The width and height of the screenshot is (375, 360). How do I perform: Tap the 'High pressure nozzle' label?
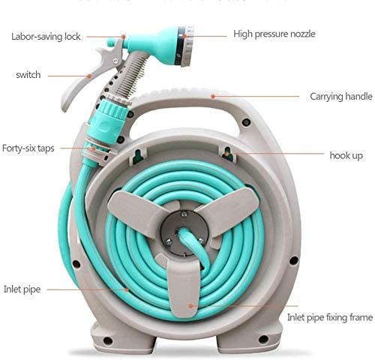click(274, 34)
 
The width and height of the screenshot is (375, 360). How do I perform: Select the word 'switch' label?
click(28, 75)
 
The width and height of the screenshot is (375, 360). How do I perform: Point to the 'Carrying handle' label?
click(341, 97)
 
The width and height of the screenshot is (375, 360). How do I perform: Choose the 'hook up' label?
click(346, 155)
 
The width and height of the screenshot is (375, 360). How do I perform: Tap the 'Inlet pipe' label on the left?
click(22, 288)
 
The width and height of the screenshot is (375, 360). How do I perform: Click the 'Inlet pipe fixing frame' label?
click(330, 317)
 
